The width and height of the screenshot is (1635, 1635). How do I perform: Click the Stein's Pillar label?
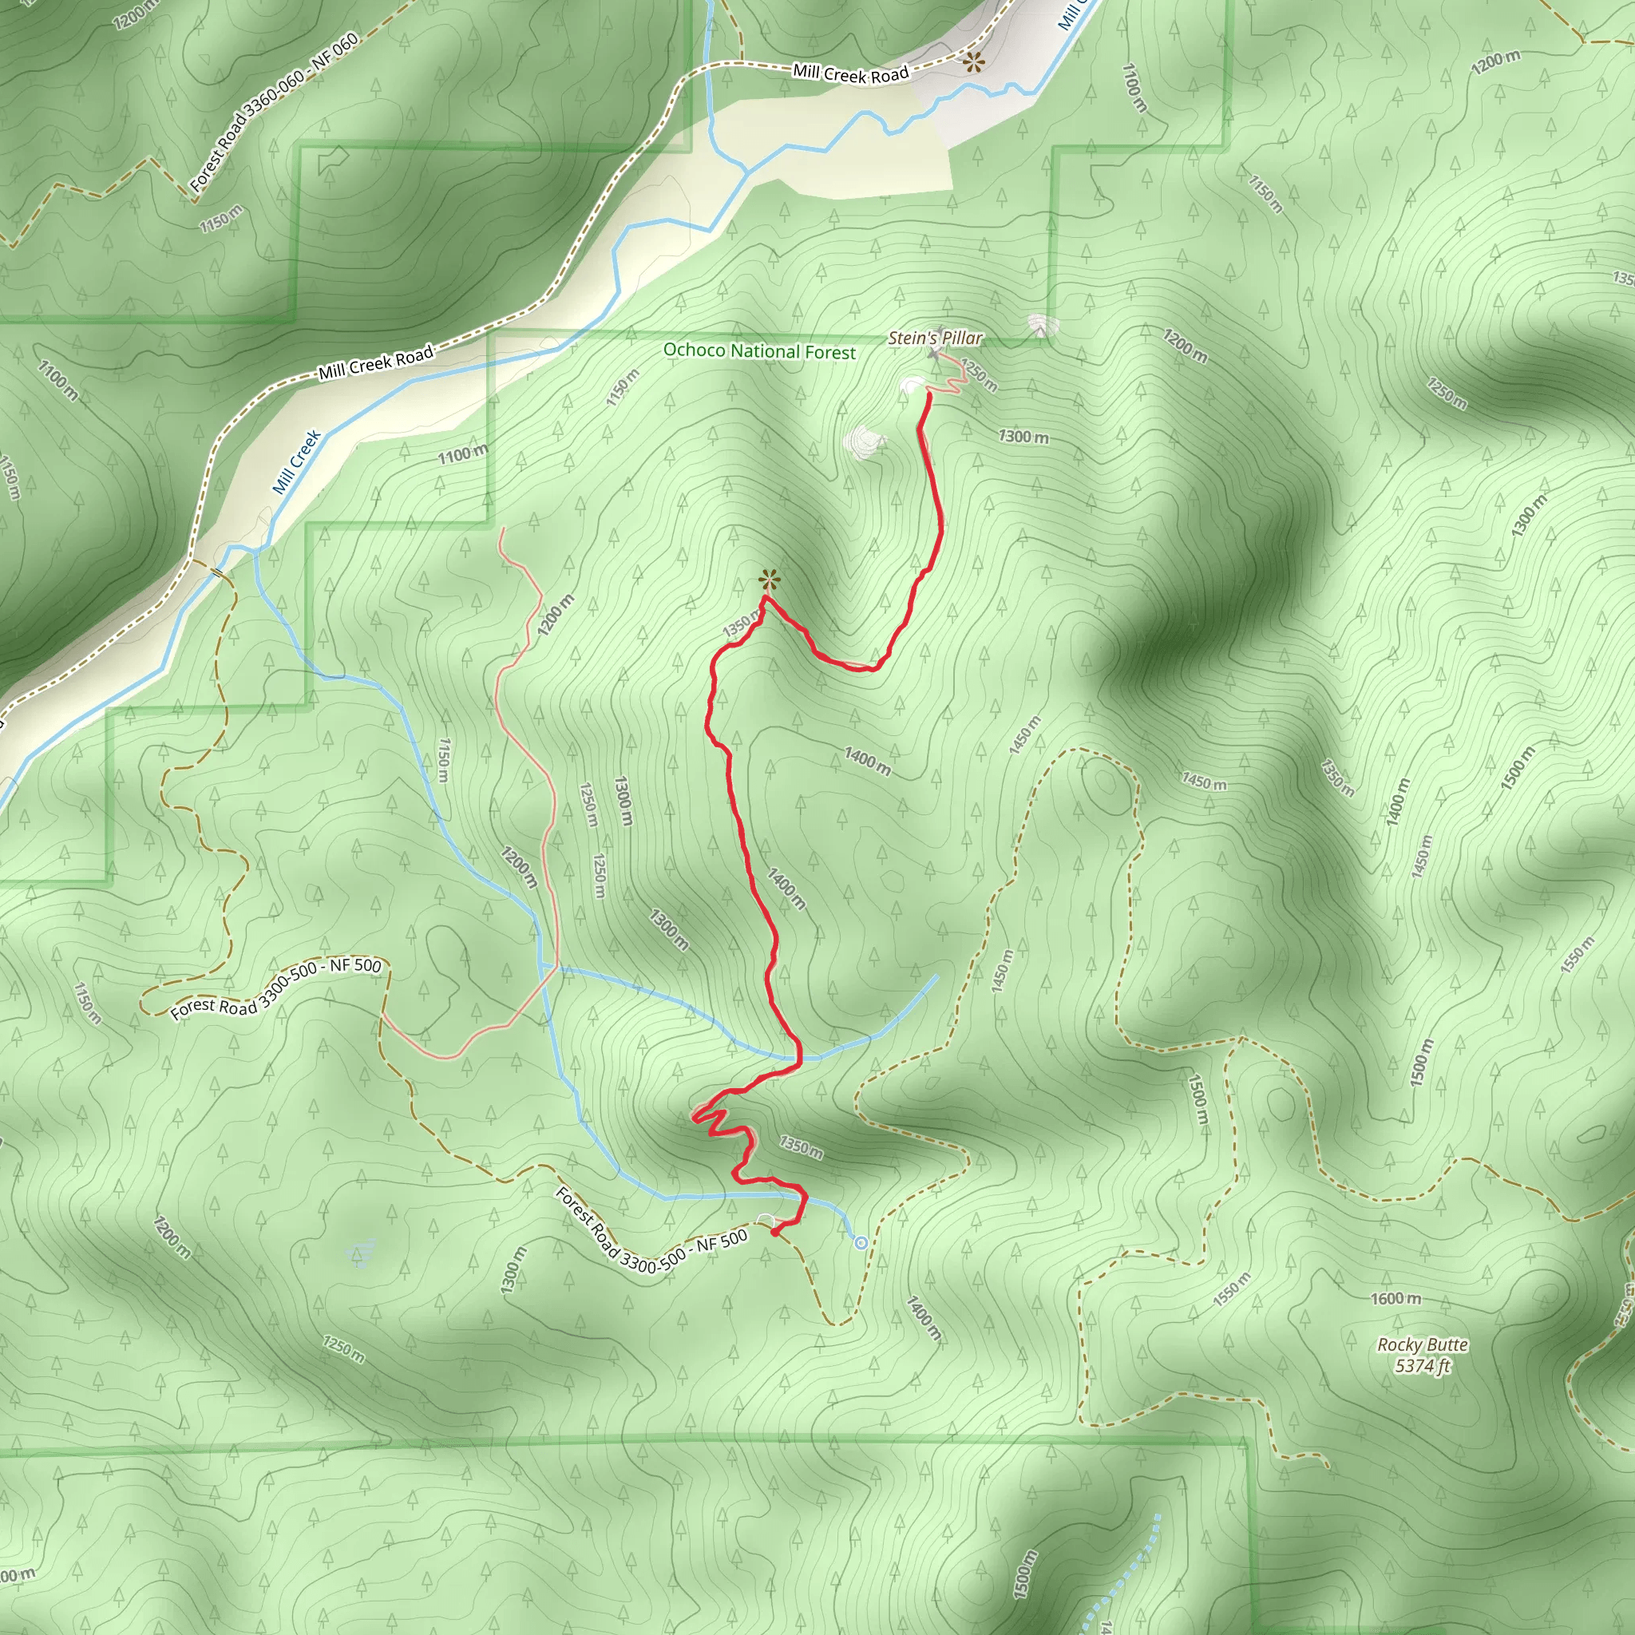pyautogui.click(x=935, y=338)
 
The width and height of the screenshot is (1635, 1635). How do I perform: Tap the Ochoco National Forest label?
pyautogui.click(x=759, y=350)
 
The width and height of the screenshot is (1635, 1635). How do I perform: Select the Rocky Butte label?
pyautogui.click(x=1423, y=1344)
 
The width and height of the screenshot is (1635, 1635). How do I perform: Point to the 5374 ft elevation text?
pyautogui.click(x=1423, y=1366)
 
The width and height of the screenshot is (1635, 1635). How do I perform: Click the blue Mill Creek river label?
pyautogui.click(x=296, y=461)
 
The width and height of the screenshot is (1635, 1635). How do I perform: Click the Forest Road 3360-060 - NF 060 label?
pyautogui.click(x=273, y=112)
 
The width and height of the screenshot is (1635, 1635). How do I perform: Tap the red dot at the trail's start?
pyautogui.click(x=775, y=1233)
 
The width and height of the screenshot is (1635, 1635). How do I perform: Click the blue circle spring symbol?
pyautogui.click(x=861, y=1243)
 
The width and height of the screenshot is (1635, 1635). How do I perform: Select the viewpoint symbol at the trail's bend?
pyautogui.click(x=769, y=580)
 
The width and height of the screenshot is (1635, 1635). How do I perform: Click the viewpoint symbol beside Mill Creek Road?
pyautogui.click(x=974, y=61)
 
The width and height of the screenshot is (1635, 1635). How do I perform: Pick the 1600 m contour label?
pyautogui.click(x=1396, y=1298)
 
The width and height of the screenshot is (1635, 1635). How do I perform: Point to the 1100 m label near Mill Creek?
pyautogui.click(x=462, y=455)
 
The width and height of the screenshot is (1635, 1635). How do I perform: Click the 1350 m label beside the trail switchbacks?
pyautogui.click(x=801, y=1147)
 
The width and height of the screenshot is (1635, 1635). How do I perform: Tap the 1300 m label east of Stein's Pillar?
pyautogui.click(x=1023, y=437)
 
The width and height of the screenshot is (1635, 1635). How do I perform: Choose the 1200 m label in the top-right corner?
pyautogui.click(x=1495, y=61)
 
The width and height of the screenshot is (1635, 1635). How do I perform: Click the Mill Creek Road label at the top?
pyautogui.click(x=850, y=74)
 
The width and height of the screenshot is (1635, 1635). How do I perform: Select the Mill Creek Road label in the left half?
pyautogui.click(x=376, y=362)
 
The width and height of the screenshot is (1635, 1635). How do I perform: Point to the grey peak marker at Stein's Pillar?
pyautogui.click(x=933, y=353)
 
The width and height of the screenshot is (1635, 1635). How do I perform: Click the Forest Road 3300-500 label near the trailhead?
pyautogui.click(x=651, y=1238)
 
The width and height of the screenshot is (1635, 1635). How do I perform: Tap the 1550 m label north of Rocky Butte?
pyautogui.click(x=1230, y=1290)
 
